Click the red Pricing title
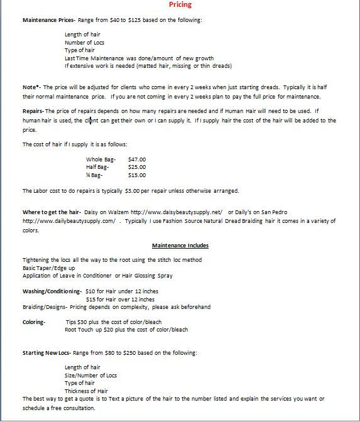180,5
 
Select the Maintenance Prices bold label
48,21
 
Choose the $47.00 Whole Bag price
136,160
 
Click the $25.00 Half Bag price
136,167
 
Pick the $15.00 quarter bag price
136,175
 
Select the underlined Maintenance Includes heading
180,246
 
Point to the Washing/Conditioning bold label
52,291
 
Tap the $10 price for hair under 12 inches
91,291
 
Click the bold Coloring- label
34,322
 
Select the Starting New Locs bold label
46,352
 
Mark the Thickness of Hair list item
87,391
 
